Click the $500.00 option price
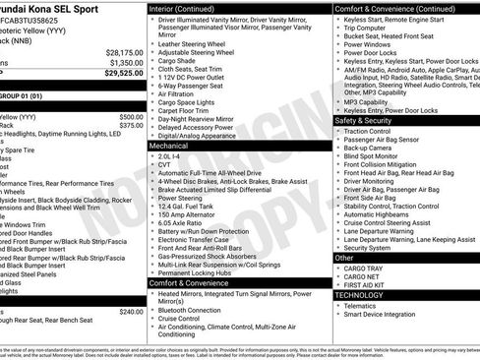(x=131, y=116)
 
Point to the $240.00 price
(x=131, y=311)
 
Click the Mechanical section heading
(x=168, y=145)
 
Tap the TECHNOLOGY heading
(x=358, y=294)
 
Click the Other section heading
(x=344, y=257)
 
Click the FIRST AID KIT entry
(x=369, y=284)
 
